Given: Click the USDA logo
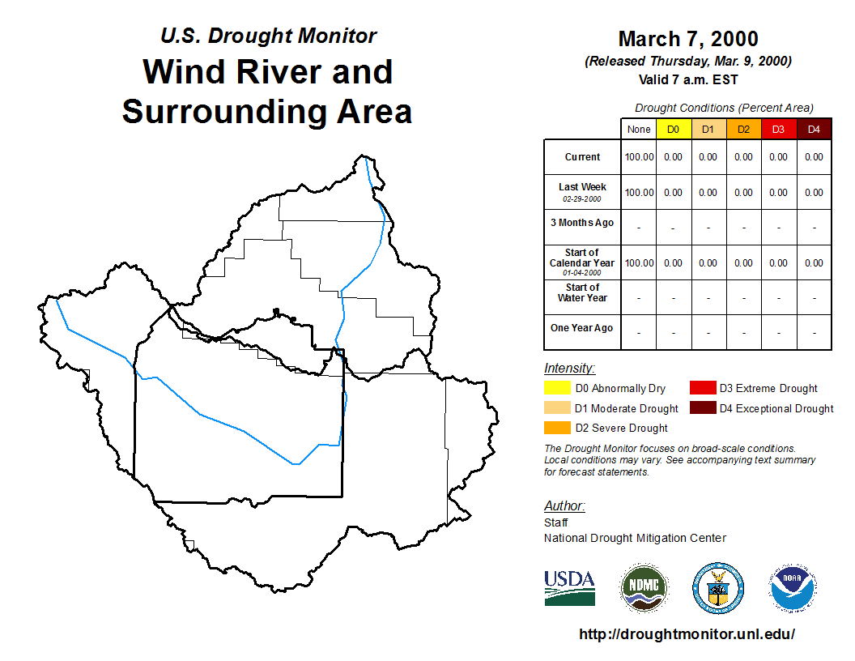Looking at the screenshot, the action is (x=569, y=588).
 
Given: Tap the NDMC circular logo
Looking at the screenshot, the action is (x=644, y=588).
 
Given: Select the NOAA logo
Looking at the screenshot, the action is (x=793, y=588).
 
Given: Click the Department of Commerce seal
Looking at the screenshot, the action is (x=718, y=588).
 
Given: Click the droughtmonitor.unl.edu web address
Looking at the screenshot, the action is (x=687, y=633).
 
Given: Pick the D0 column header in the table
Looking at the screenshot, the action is (x=674, y=130).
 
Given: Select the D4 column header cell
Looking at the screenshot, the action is (x=814, y=130).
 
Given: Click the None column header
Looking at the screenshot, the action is (x=639, y=130).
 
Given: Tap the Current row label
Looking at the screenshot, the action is (x=582, y=157).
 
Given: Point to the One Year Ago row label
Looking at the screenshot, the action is (x=582, y=328).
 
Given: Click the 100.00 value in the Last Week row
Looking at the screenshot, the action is (x=639, y=193).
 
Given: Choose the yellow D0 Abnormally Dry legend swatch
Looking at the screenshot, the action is (x=557, y=388).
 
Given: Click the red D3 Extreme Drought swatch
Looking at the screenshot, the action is (x=703, y=388).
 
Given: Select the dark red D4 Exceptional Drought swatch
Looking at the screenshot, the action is (x=703, y=407).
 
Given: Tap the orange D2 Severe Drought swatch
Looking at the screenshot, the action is (x=557, y=428).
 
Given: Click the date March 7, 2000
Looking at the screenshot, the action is (x=688, y=39).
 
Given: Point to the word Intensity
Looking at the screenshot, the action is (x=569, y=368).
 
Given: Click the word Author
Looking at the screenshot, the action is (x=564, y=505).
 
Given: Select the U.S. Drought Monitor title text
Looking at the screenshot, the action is (x=268, y=36).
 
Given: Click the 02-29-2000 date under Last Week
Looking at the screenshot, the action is (x=582, y=199).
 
